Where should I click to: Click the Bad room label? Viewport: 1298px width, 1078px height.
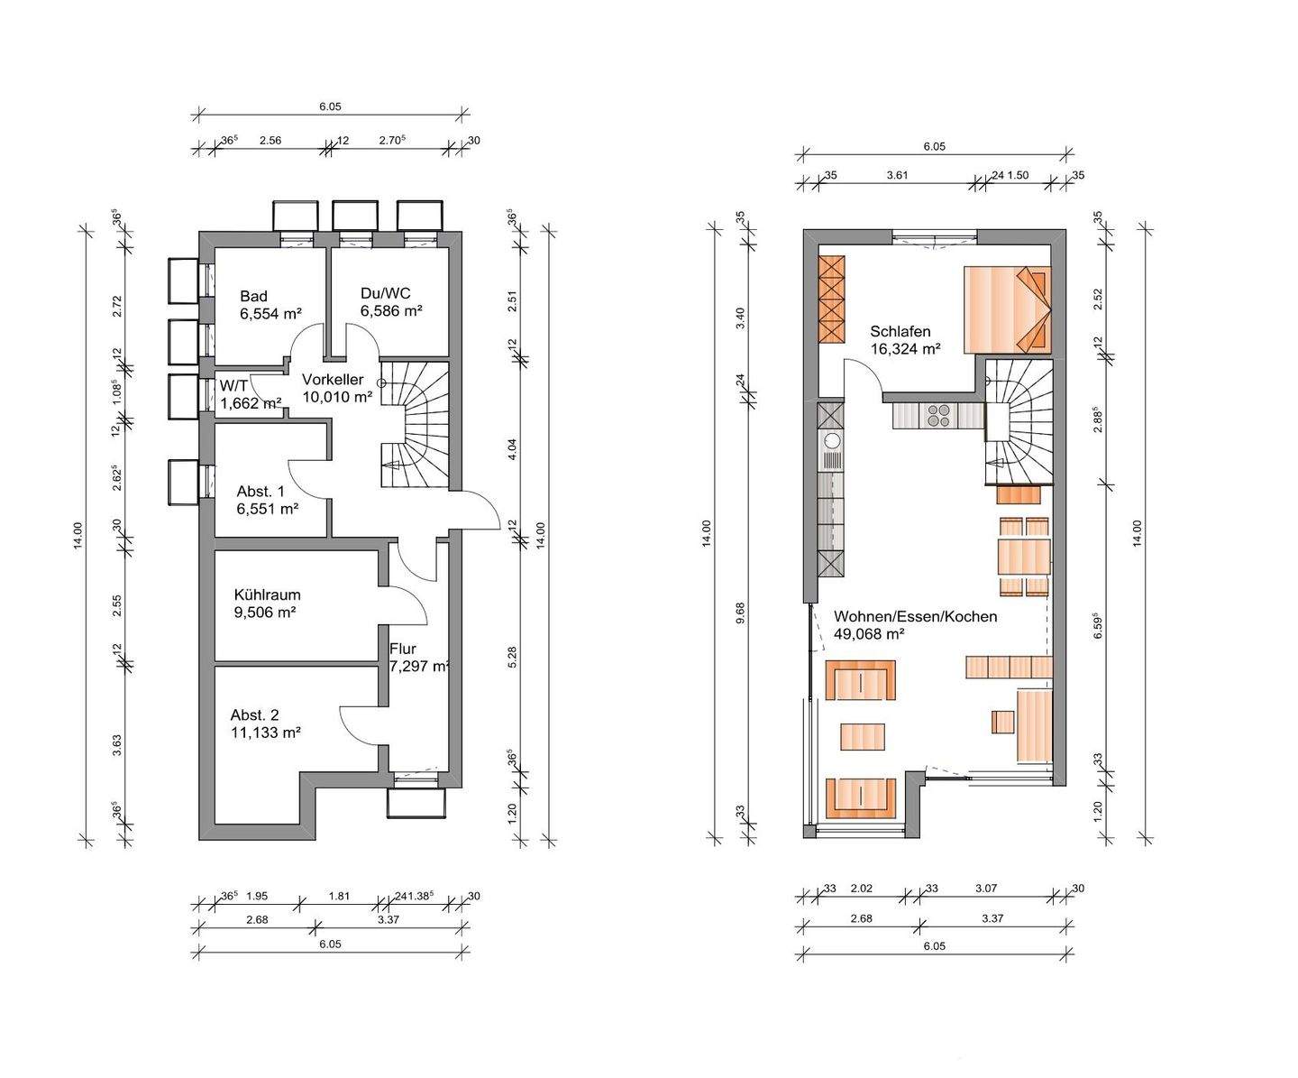pos(253,296)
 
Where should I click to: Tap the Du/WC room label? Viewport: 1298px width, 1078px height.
pos(386,293)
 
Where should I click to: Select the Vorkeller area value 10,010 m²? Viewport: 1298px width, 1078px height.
pos(337,396)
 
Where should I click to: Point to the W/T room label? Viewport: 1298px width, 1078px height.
pos(233,386)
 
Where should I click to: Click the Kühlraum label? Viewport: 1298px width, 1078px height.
pos(268,594)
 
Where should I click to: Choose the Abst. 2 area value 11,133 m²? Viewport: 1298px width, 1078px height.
pos(266,732)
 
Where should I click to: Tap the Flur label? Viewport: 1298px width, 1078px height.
pos(403,649)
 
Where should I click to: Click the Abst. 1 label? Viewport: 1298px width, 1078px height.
pos(261,492)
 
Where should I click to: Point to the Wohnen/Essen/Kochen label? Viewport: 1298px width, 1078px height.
pos(915,616)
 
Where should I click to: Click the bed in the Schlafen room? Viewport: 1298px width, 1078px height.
pos(1007,310)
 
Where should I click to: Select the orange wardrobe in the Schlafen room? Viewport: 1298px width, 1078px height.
pos(832,299)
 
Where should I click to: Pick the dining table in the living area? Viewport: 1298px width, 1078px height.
pos(1024,557)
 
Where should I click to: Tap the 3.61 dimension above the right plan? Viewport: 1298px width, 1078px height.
pos(897,175)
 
